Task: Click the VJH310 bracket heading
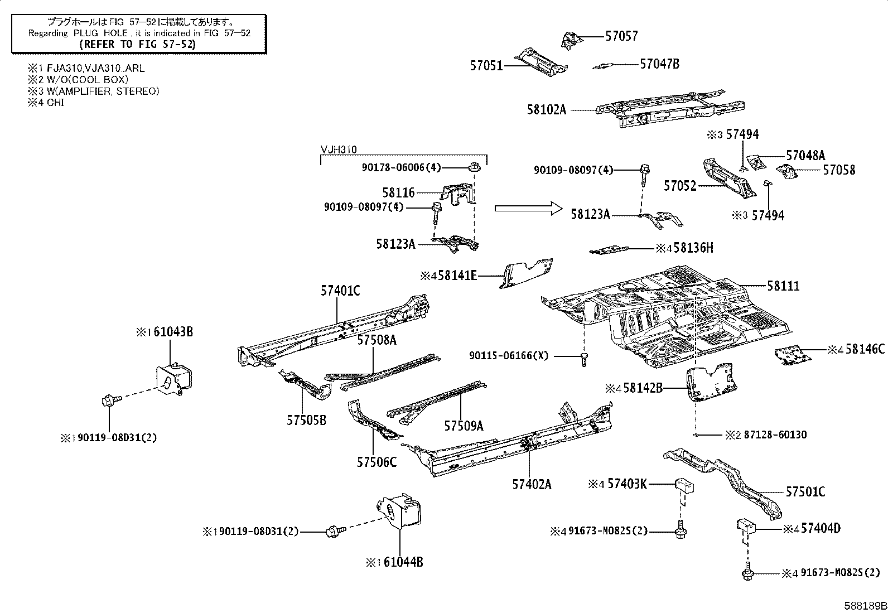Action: coord(339,149)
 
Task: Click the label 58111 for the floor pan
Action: coord(783,286)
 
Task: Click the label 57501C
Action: coord(805,492)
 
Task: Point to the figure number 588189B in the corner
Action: coord(865,605)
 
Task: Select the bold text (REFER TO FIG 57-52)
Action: coord(138,44)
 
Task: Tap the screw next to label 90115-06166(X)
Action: coord(584,359)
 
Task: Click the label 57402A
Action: coord(532,485)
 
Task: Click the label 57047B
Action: coord(659,64)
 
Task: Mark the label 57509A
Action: coord(464,426)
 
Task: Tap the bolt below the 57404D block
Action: coord(746,573)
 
